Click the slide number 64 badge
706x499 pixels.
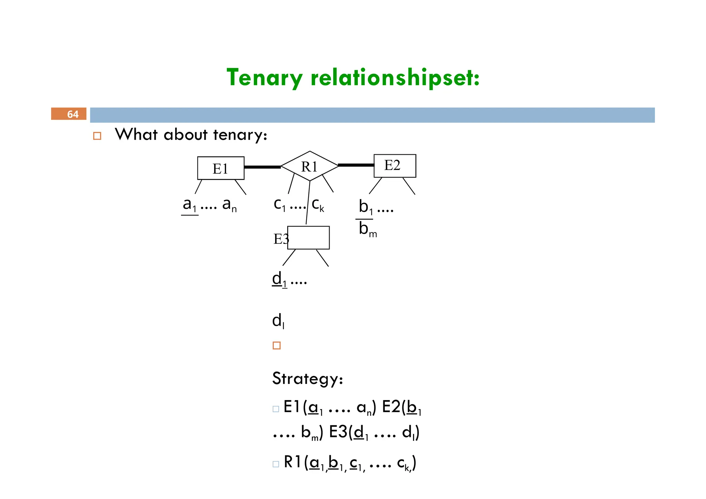pyautogui.click(x=69, y=114)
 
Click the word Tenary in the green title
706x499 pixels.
pyautogui.click(x=264, y=78)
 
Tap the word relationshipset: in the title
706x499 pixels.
pyautogui.click(x=395, y=78)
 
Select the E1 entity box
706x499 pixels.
pyautogui.click(x=221, y=168)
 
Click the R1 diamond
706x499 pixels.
pyautogui.click(x=309, y=166)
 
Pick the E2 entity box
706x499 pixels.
pyautogui.click(x=395, y=166)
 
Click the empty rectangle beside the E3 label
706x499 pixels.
pyautogui.click(x=309, y=238)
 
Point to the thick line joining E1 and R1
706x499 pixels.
pyautogui.click(x=262, y=167)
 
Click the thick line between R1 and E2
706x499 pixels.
pyautogui.click(x=356, y=165)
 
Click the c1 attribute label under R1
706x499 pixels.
pyautogui.click(x=280, y=205)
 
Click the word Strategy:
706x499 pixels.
pyautogui.click(x=307, y=379)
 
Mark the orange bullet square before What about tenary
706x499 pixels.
pyautogui.click(x=97, y=136)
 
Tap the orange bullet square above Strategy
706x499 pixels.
pyautogui.click(x=276, y=345)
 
